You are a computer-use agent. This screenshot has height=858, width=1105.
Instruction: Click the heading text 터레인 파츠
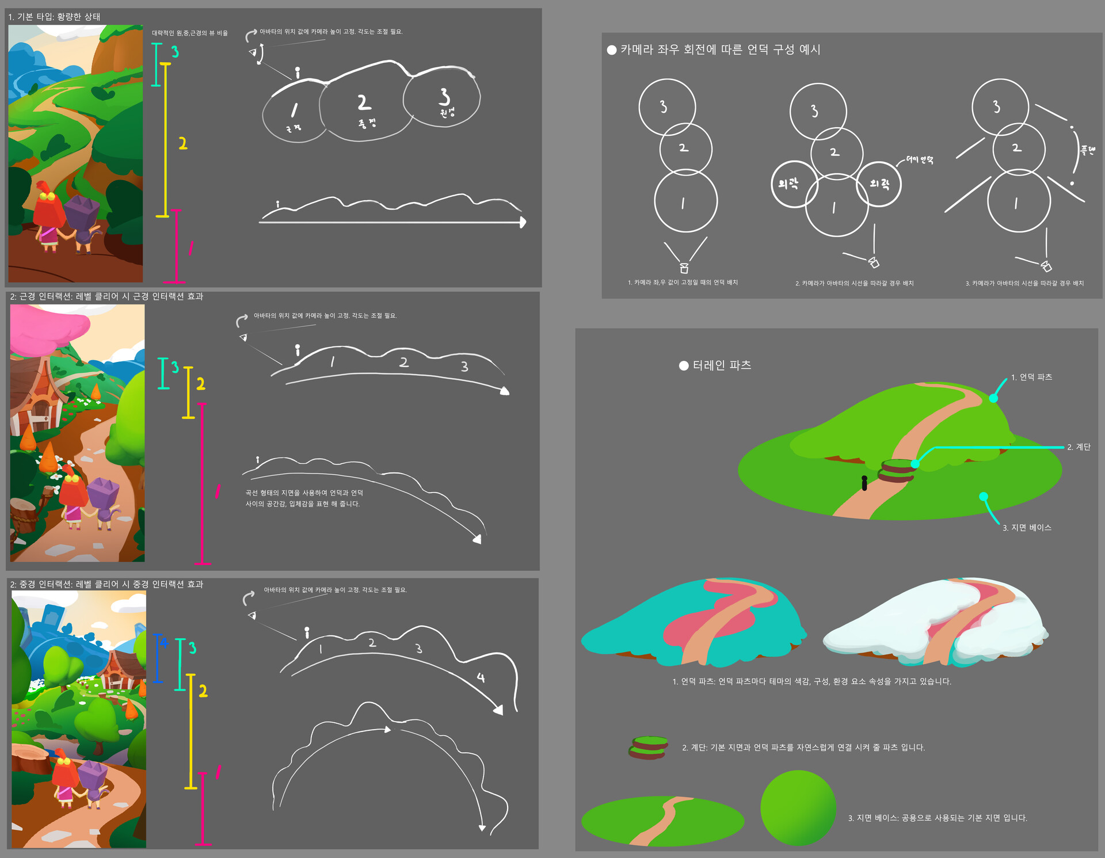pyautogui.click(x=722, y=365)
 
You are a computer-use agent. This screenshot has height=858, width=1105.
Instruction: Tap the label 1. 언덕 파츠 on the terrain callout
pyautogui.click(x=1031, y=377)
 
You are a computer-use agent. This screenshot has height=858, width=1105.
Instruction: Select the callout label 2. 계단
pyautogui.click(x=1079, y=447)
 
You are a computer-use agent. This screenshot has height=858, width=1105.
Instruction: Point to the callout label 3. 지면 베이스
pyautogui.click(x=1027, y=528)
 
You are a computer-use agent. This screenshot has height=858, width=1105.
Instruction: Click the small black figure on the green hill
pyautogui.click(x=864, y=483)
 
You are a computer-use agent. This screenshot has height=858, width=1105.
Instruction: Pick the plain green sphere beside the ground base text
pyautogui.click(x=798, y=808)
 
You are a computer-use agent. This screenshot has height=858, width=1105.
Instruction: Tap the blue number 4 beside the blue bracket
pyautogui.click(x=163, y=643)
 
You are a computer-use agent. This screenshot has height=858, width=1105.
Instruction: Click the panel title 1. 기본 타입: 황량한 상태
pyautogui.click(x=54, y=17)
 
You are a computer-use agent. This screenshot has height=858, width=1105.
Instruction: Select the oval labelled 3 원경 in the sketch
pyautogui.click(x=443, y=99)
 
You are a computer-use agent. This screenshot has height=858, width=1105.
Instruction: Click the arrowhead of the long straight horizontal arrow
pyautogui.click(x=523, y=222)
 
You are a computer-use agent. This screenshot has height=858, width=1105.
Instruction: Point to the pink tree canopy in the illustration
pyautogui.click(x=49, y=328)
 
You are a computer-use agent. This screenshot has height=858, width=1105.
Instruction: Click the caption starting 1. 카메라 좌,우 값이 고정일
pyautogui.click(x=683, y=283)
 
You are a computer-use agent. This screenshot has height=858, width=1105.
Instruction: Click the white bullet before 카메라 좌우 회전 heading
pyautogui.click(x=612, y=50)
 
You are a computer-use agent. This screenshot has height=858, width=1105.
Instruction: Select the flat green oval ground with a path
pyautogui.click(x=662, y=821)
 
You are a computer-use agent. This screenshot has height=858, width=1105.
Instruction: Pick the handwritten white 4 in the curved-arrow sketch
pyautogui.click(x=481, y=678)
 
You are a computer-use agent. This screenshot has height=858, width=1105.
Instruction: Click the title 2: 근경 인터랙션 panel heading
pyautogui.click(x=106, y=296)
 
